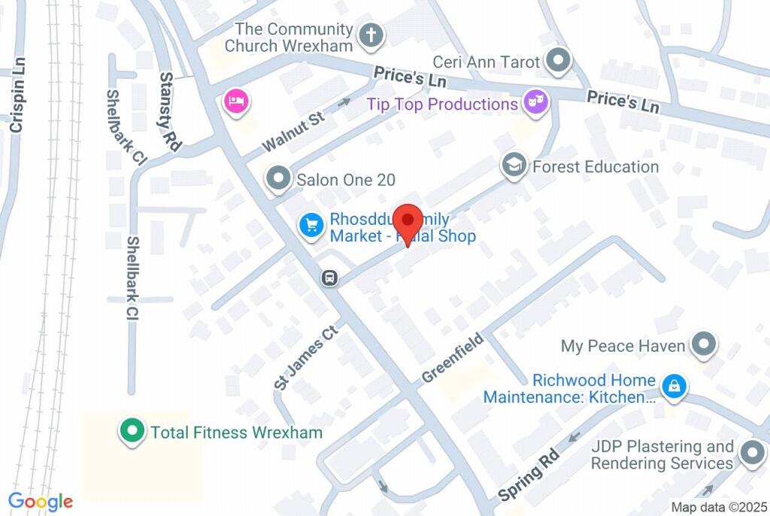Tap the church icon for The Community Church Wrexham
(371, 35)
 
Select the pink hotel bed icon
(236, 102)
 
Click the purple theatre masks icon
(535, 102)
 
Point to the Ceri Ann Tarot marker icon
(557, 61)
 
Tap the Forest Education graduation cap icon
(514, 165)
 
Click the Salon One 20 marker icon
(279, 179)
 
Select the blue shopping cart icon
(311, 226)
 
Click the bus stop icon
(329, 278)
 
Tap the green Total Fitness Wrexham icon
(132, 432)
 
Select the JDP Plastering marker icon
(751, 454)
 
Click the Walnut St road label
(293, 132)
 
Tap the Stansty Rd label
(171, 112)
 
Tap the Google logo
(41, 502)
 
